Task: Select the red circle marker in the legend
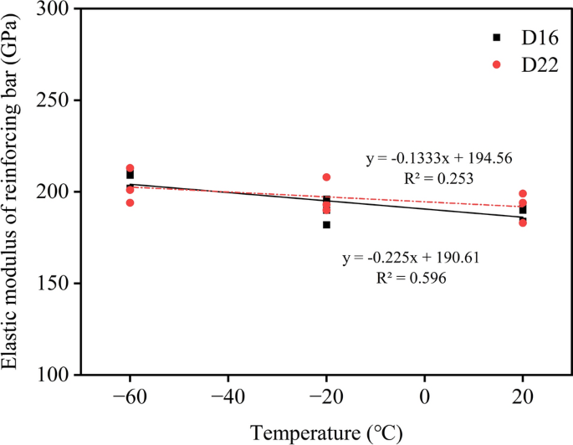coord(496,64)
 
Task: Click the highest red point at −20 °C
coord(326,177)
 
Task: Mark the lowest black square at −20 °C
coord(326,225)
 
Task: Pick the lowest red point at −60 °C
coord(130,202)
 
